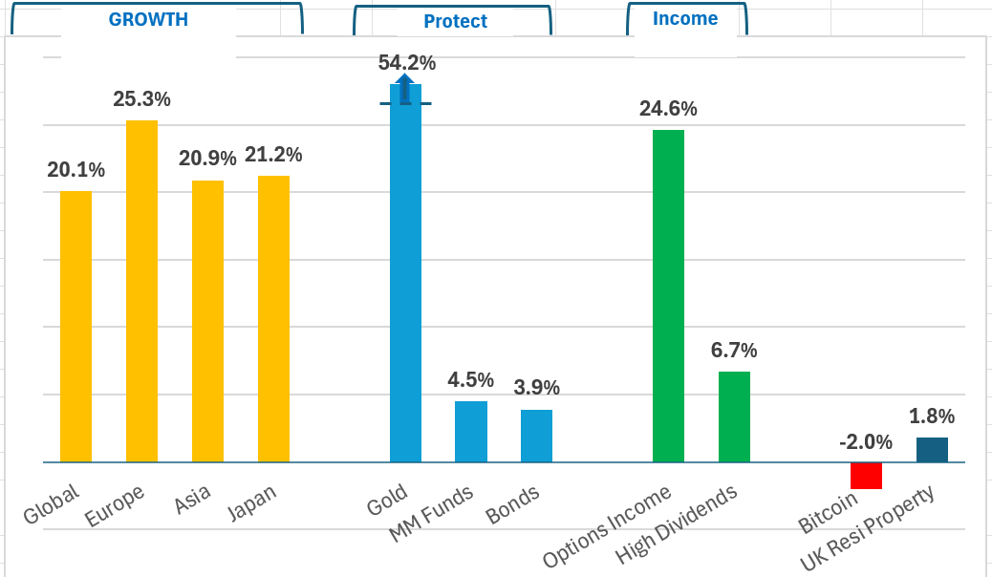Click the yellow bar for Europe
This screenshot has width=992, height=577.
tap(141, 291)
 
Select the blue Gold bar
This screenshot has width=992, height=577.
tap(405, 277)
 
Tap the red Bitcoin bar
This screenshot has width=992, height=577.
tap(866, 476)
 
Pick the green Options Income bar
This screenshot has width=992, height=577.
tap(668, 296)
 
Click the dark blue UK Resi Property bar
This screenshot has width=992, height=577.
tap(932, 450)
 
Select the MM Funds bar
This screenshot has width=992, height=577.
tap(471, 432)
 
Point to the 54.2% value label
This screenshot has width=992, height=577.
tap(407, 63)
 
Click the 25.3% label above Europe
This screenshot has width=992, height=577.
tap(141, 98)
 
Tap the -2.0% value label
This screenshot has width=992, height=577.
tap(866, 442)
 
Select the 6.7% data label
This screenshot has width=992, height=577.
tap(734, 350)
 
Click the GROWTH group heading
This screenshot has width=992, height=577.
tap(148, 19)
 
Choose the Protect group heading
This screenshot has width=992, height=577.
tap(455, 21)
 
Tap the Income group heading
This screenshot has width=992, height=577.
tap(685, 18)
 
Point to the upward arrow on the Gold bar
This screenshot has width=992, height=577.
tap(405, 89)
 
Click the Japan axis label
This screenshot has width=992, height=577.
tap(252, 504)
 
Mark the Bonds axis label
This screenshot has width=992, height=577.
tap(513, 504)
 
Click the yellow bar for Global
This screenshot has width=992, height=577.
tap(75, 327)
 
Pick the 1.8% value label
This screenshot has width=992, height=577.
tap(932, 416)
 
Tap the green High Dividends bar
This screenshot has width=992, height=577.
tap(734, 417)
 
